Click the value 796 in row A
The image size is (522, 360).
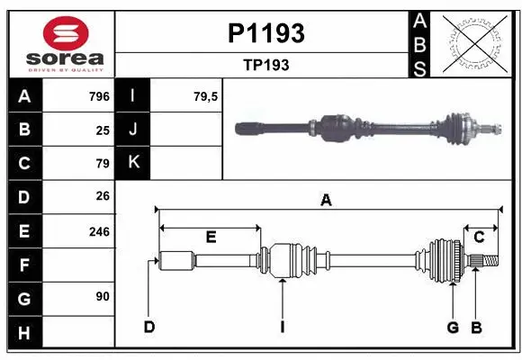(98, 96)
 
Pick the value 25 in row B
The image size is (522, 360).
(102, 130)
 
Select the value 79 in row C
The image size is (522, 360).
(102, 164)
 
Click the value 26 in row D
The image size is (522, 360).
(102, 196)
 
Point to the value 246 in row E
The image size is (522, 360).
(98, 231)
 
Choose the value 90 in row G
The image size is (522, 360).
(102, 297)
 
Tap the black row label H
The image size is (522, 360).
(24, 333)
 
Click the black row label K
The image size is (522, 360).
(133, 163)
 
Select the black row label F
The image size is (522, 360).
(24, 265)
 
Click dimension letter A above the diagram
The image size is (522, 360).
(327, 202)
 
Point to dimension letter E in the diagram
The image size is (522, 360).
(211, 238)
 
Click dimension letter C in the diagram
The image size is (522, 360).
(479, 238)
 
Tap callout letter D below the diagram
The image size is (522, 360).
(149, 327)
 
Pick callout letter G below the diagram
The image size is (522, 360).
(454, 327)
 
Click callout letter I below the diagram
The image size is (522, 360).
(282, 327)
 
